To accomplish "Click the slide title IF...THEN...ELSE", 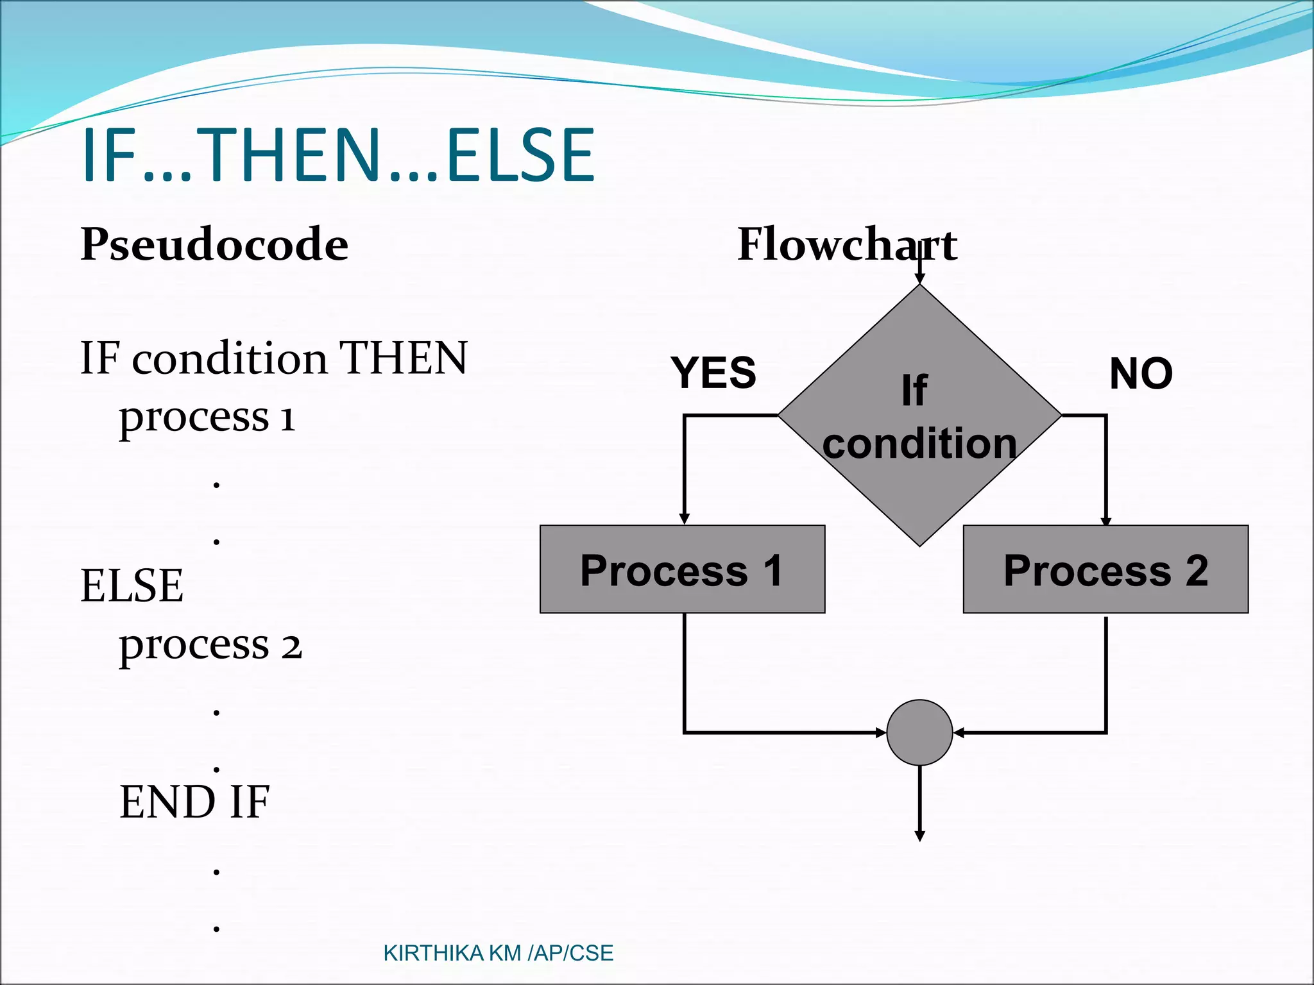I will point(339,155).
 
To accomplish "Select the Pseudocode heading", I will point(214,244).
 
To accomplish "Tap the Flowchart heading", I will point(847,244).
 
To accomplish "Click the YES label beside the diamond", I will point(713,373).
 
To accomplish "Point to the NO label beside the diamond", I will point(1141,374).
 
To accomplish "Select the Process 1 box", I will point(682,569).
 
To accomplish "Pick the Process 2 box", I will point(1105,569).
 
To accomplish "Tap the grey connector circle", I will point(919,732).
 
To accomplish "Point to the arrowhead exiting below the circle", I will point(919,836).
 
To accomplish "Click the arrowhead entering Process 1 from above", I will point(685,519).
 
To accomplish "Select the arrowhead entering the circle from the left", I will point(881,732).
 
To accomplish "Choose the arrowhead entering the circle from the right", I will point(959,732).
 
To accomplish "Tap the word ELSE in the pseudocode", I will point(132,585).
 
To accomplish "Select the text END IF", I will point(194,802).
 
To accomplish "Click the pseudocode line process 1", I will point(207,418).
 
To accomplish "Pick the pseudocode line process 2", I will point(210,645).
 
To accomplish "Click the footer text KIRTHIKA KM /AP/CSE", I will point(498,954).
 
